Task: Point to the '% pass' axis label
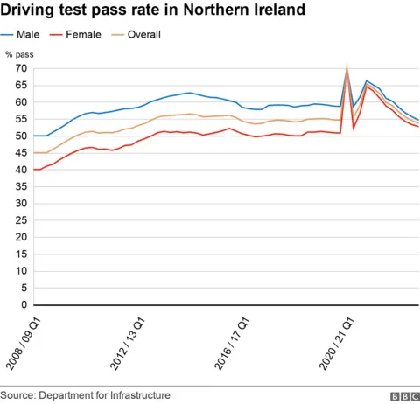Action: click(x=18, y=54)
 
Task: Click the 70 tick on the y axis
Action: click(x=18, y=68)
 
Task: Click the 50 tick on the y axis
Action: click(x=18, y=136)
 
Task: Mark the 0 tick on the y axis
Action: click(x=22, y=305)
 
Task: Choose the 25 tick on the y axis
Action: click(x=18, y=220)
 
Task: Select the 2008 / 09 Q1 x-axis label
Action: click(x=24, y=346)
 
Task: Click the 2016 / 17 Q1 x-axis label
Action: click(x=226, y=346)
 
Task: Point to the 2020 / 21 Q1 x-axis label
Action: click(x=326, y=346)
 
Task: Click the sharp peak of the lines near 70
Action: click(x=347, y=66)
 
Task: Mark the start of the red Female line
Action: click(x=34, y=169)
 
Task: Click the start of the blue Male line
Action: click(x=34, y=136)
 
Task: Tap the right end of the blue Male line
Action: click(x=418, y=120)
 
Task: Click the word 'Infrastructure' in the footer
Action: click(x=137, y=395)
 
